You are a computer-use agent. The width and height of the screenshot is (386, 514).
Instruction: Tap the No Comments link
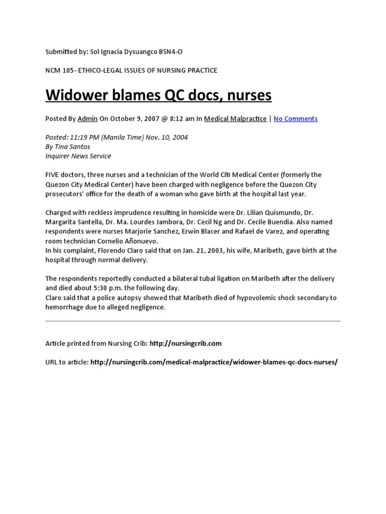296,119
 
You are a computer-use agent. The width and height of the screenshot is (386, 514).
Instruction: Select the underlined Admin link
87,119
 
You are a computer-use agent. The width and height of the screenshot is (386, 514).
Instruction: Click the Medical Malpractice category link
235,119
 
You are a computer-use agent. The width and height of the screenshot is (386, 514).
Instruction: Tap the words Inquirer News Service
78,156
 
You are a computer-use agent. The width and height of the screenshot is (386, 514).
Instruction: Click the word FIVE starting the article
54,175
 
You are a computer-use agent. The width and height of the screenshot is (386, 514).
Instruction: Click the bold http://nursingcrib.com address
185,343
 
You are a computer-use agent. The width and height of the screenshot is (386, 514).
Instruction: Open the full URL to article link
214,362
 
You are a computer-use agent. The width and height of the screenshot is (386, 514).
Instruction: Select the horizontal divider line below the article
193,321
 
